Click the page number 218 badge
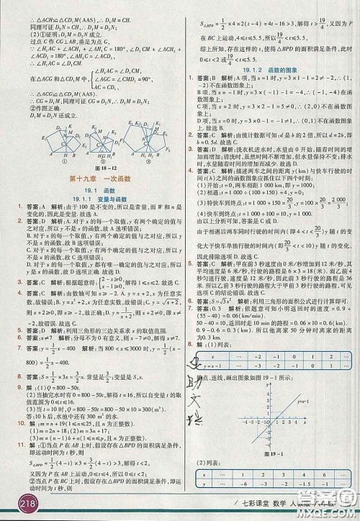pos(16,506)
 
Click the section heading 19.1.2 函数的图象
pos(270,68)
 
